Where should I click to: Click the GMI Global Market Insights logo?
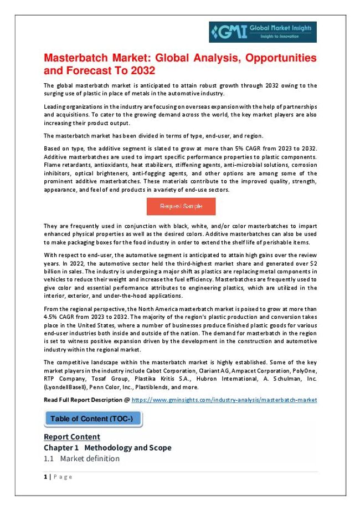pos(263,32)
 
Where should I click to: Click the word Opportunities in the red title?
pos(275,58)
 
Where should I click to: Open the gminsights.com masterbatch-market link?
pos(224,400)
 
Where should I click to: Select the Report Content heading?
pos(72,437)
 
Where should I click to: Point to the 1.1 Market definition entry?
pos(81,459)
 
